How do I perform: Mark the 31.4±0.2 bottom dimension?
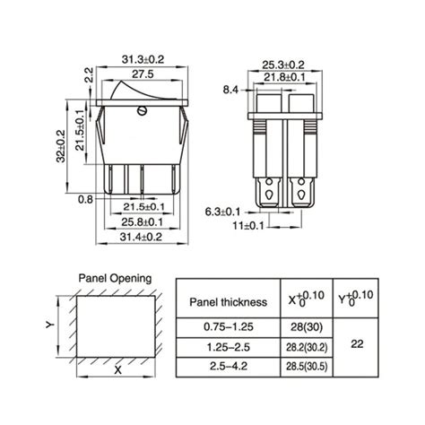pos(142,237)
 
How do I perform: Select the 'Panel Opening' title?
pos(115,279)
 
